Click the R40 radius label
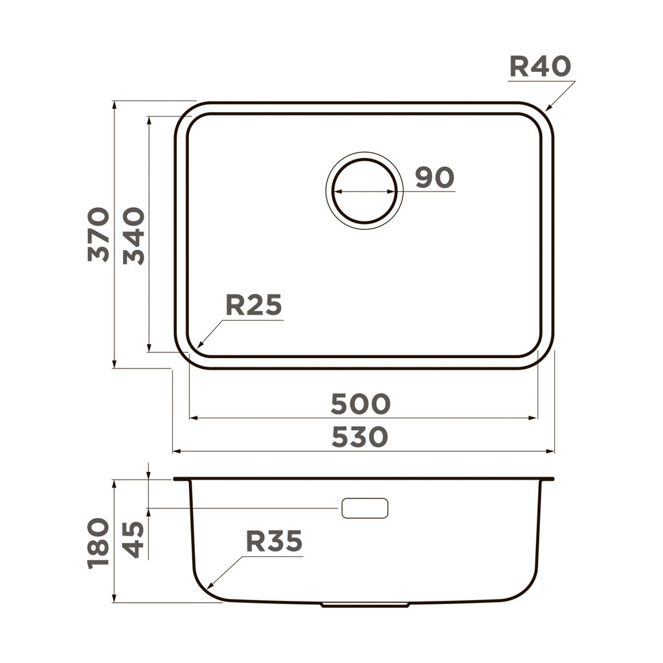pyautogui.click(x=540, y=66)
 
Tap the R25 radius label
pyautogui.click(x=253, y=305)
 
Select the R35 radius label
pyautogui.click(x=274, y=541)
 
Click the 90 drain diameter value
pyautogui.click(x=434, y=177)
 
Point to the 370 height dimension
pyautogui.click(x=98, y=234)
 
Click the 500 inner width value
pyautogui.click(x=361, y=404)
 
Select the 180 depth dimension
pyautogui.click(x=98, y=543)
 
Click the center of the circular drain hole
pyautogui.click(x=364, y=191)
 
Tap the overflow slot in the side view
pyautogui.click(x=365, y=508)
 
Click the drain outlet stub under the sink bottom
pyautogui.click(x=365, y=605)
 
